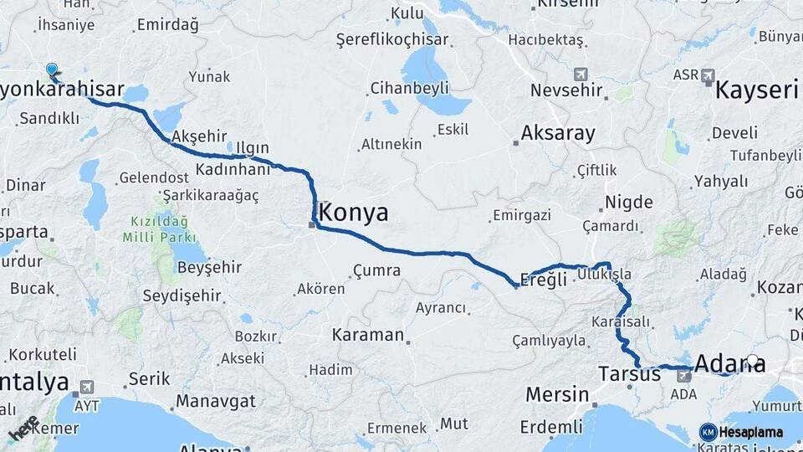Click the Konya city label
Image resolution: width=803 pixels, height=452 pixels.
[x=354, y=213]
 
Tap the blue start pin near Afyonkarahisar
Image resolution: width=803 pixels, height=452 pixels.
[x=53, y=72]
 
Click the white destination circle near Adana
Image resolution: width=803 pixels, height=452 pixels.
[x=753, y=362]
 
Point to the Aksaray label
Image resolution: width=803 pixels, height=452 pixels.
[x=558, y=133]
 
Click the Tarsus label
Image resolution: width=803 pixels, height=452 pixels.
[x=630, y=374]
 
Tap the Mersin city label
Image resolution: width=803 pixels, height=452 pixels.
[x=556, y=394]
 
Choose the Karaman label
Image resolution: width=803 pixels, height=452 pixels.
[x=367, y=335]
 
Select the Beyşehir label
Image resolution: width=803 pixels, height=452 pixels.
[x=209, y=267]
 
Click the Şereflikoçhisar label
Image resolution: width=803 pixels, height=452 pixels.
[x=392, y=39]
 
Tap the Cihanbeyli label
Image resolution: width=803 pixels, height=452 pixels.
[x=410, y=88]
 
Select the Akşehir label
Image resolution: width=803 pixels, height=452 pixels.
[x=199, y=136]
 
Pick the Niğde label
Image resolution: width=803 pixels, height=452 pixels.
[x=628, y=202]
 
